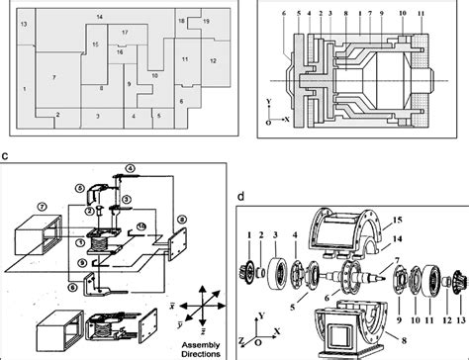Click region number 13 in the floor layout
24,21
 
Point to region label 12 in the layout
212,60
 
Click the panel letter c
6,155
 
